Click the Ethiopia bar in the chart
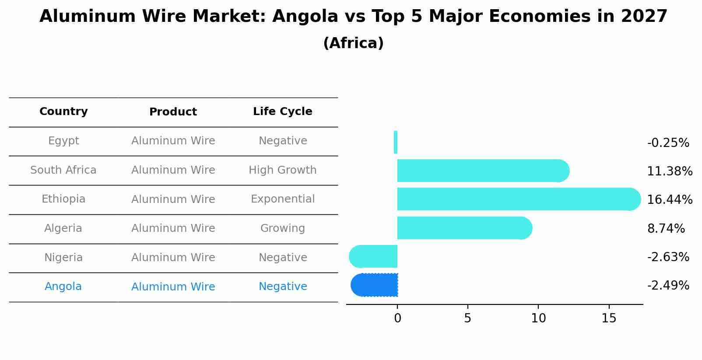516,199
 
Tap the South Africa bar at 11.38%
481,171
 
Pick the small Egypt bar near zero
396,142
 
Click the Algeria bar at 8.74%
464,228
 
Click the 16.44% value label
669,200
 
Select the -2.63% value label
668,257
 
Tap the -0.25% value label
668,143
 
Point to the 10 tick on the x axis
538,318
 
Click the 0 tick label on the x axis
397,318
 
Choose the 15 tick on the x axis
609,318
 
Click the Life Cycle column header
282,112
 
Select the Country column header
63,112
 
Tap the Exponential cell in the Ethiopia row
282,199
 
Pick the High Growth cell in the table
282,170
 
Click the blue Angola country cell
63,287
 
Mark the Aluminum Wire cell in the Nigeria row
173,258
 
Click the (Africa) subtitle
353,43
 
